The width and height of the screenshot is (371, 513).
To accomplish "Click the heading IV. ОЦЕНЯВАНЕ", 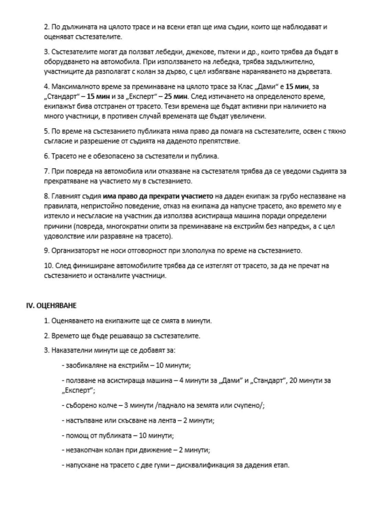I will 52,305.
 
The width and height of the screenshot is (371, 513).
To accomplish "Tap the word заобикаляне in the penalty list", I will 85,365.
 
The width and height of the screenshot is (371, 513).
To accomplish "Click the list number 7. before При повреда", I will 47,171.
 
